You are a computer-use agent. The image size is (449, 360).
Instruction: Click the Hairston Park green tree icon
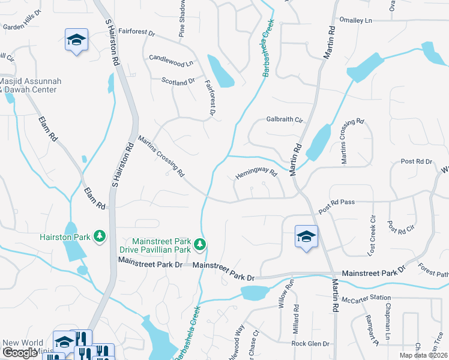pos(100,236)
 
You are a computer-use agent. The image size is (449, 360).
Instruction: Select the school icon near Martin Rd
pos(306,236)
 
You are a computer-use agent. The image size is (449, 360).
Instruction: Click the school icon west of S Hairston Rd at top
pos(76,40)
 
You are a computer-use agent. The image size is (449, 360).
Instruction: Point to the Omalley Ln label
pos(356,20)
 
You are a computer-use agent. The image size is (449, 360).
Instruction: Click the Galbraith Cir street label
pos(284,119)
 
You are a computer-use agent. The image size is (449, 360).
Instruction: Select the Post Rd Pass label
pos(337,207)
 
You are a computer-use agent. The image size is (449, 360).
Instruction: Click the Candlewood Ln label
pos(171,60)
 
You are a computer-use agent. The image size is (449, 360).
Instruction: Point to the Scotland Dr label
pos(178,80)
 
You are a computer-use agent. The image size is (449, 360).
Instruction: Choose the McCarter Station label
pos(365,298)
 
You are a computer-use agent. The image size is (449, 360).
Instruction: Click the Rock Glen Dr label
pos(310,344)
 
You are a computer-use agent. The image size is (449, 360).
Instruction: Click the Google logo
pos(20,353)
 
